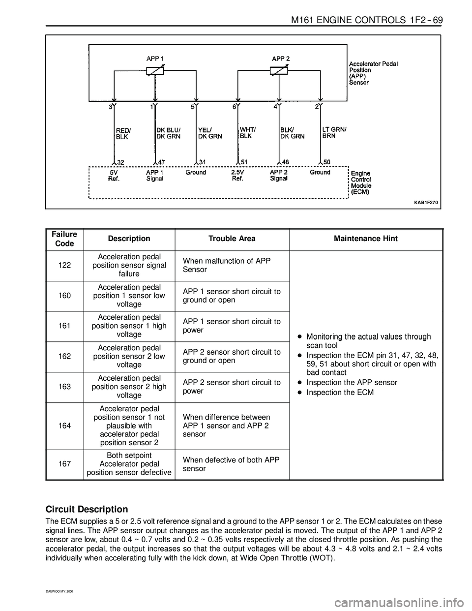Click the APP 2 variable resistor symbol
point(279,71)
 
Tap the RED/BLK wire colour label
point(123,134)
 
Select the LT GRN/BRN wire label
point(334,132)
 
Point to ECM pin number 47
point(162,161)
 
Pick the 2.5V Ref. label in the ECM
point(239,176)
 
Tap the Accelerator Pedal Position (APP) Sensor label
point(373,73)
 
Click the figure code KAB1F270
point(426,202)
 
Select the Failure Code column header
point(64,239)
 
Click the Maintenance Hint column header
point(366,239)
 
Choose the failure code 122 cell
point(64,266)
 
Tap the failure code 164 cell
point(64,426)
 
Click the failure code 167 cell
point(64,464)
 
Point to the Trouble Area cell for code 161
point(232,326)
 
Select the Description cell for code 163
point(129,387)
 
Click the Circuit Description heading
point(87,509)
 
